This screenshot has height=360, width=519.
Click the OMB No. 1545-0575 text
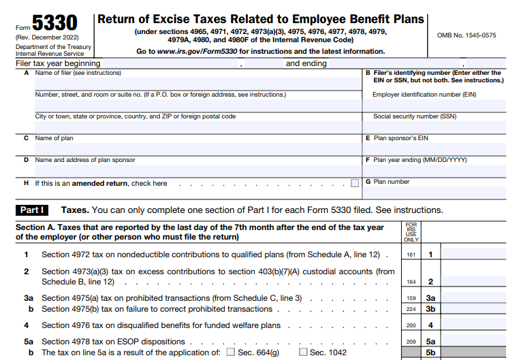point(466,35)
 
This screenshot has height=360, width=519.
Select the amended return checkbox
point(355,183)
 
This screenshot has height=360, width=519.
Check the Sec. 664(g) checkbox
point(230,353)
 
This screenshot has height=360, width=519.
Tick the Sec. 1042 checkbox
point(303,353)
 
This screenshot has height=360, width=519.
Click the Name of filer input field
point(198,84)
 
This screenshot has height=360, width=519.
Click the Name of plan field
point(198,148)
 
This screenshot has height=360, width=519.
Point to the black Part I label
point(32,210)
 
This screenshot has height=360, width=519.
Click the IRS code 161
point(411,255)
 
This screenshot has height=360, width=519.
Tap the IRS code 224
point(411,309)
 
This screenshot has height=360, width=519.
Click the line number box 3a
point(430,298)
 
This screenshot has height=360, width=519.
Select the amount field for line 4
point(479,325)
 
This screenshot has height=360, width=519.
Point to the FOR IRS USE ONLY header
point(411,232)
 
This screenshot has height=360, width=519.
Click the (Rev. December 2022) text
point(47,37)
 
